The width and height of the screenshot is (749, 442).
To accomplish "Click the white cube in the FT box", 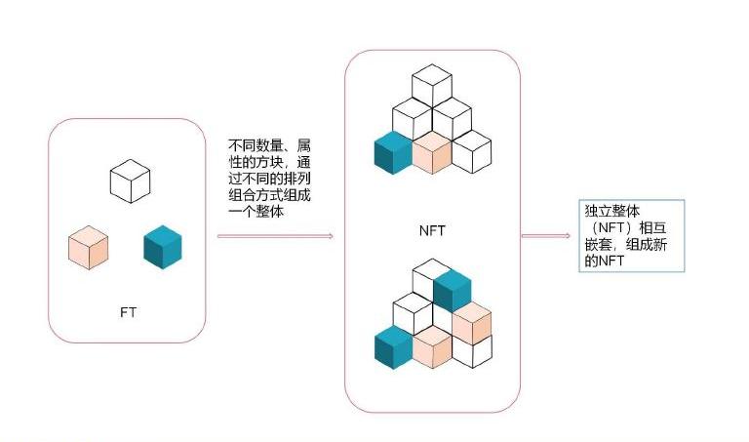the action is pyautogui.click(x=130, y=181).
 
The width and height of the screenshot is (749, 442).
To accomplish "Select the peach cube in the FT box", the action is pyautogui.click(x=89, y=248).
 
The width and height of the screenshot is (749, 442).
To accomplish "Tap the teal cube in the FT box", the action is pyautogui.click(x=163, y=247).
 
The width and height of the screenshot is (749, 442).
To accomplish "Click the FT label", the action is pyautogui.click(x=128, y=312).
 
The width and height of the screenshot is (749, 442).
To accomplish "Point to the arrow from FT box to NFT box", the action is pyautogui.click(x=275, y=236).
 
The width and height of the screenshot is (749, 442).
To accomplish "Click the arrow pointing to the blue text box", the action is pyautogui.click(x=546, y=235).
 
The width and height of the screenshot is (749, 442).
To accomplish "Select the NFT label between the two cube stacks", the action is pyautogui.click(x=432, y=231).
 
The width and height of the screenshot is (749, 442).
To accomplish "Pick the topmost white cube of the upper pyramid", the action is pyautogui.click(x=432, y=86).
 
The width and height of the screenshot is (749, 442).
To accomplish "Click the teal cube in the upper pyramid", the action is pyautogui.click(x=393, y=153).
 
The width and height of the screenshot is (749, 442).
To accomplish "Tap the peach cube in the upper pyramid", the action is pyautogui.click(x=432, y=153).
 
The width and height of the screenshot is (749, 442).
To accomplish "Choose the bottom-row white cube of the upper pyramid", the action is pyautogui.click(x=471, y=152).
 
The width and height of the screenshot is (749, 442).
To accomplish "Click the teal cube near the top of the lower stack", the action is pyautogui.click(x=453, y=291).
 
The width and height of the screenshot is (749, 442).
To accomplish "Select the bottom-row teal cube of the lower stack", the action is pyautogui.click(x=393, y=347).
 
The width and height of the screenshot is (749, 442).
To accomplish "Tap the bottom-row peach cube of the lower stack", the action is pyautogui.click(x=432, y=347).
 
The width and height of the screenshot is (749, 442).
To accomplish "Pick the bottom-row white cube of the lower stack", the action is pyautogui.click(x=472, y=350).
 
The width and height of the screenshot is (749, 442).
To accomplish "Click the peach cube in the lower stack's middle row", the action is pyautogui.click(x=472, y=323).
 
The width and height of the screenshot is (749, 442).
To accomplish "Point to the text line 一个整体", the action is pyautogui.click(x=256, y=211).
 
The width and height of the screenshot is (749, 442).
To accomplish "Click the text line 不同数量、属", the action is pyautogui.click(x=269, y=145).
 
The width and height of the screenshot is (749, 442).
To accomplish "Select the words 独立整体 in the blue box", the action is pyautogui.click(x=612, y=211).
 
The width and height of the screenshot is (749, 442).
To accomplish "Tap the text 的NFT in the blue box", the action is pyautogui.click(x=605, y=261).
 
